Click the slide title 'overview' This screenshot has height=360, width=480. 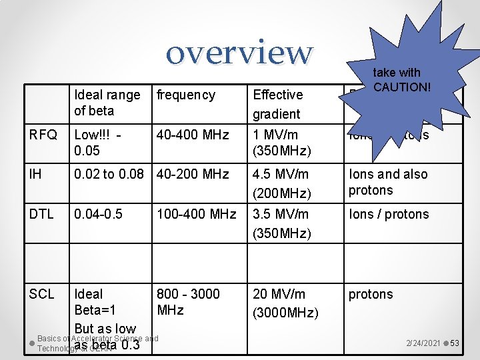(x=239, y=52)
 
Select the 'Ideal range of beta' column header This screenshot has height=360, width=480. (x=107, y=103)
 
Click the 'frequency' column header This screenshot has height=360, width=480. (x=185, y=95)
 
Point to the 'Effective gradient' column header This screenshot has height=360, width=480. (x=277, y=104)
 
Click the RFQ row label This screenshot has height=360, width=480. (x=43, y=135)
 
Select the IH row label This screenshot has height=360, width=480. (x=35, y=174)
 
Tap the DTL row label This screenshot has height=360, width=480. (x=41, y=214)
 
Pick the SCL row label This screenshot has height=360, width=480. (x=41, y=294)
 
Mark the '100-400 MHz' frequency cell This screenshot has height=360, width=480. (x=196, y=214)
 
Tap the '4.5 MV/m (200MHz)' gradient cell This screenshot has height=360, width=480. (x=281, y=183)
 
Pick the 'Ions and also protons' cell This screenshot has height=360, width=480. (x=388, y=182)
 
